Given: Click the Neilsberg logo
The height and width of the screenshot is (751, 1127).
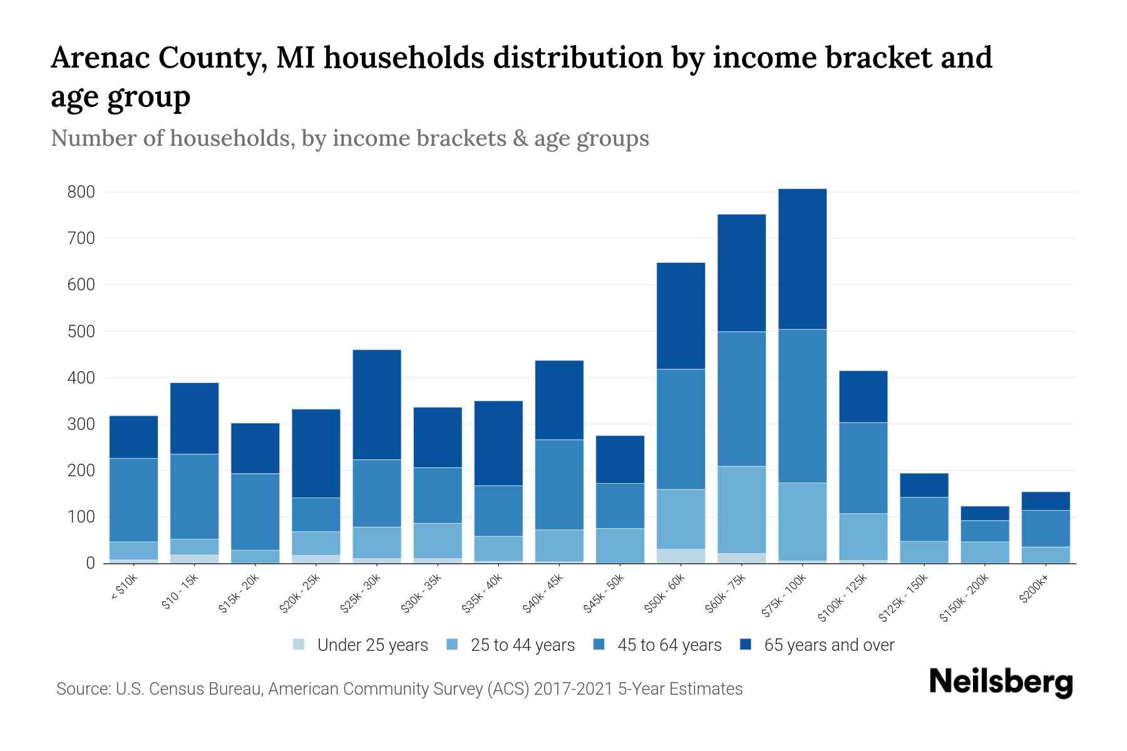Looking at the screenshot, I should click(1001, 682).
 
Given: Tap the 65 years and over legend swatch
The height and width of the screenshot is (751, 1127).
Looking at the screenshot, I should click(746, 645).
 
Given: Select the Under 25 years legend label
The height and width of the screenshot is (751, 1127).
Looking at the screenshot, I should click(373, 645).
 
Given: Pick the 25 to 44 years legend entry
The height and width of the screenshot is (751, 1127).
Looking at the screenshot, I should click(522, 645).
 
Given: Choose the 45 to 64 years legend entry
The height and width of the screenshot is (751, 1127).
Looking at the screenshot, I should click(669, 645).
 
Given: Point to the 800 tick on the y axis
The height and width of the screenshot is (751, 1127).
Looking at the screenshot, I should click(81, 192).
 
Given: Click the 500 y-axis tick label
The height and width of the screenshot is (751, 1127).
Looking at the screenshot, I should click(81, 331).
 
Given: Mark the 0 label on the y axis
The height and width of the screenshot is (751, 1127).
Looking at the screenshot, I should click(90, 563).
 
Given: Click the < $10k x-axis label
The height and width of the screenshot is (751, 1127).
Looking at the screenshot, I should click(123, 588).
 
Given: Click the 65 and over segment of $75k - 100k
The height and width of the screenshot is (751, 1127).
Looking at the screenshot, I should click(802, 258).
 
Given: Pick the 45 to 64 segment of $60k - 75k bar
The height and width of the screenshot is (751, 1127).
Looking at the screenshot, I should click(741, 399).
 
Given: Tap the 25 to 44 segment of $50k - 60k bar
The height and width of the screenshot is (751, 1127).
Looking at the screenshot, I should click(681, 519).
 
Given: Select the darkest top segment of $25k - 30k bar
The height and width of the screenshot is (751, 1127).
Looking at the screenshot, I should click(377, 404).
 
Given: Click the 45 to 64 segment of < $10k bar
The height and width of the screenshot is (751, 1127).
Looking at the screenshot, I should click(133, 499).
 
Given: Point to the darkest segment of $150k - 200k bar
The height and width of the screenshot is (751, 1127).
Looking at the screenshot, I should click(984, 513).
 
